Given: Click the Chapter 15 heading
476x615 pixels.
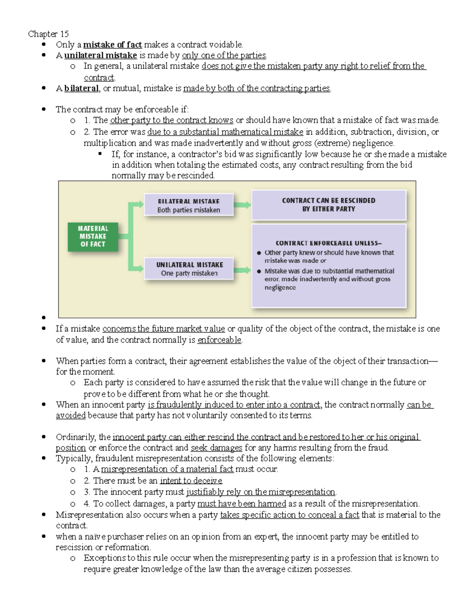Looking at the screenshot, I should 48,34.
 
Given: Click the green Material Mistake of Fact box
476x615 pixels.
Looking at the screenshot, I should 93,236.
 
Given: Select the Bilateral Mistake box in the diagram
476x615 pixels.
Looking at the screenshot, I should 188,205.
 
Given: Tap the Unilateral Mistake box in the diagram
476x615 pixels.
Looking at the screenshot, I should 189,269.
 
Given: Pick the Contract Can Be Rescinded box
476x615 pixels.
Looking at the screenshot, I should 328,205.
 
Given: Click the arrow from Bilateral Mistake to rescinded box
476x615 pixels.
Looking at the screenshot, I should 242,205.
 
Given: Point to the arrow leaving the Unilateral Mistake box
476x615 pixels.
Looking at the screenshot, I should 242,270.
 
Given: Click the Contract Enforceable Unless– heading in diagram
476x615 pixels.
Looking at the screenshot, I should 328,243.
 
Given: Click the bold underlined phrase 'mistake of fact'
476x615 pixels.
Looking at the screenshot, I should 112,45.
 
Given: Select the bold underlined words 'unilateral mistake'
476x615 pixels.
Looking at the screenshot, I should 100,55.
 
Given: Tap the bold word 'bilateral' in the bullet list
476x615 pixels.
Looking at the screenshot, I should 81,88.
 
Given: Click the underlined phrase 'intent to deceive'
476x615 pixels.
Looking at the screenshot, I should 191,481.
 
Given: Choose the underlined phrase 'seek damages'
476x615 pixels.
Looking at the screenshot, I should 216,448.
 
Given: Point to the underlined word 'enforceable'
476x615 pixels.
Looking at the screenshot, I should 219,340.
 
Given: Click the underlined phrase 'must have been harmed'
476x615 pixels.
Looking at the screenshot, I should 242,504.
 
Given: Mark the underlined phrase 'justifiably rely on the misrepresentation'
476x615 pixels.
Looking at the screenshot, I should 261,492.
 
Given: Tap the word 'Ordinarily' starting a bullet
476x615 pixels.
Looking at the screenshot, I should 76,437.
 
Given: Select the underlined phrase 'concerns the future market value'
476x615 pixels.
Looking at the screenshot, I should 163,329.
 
